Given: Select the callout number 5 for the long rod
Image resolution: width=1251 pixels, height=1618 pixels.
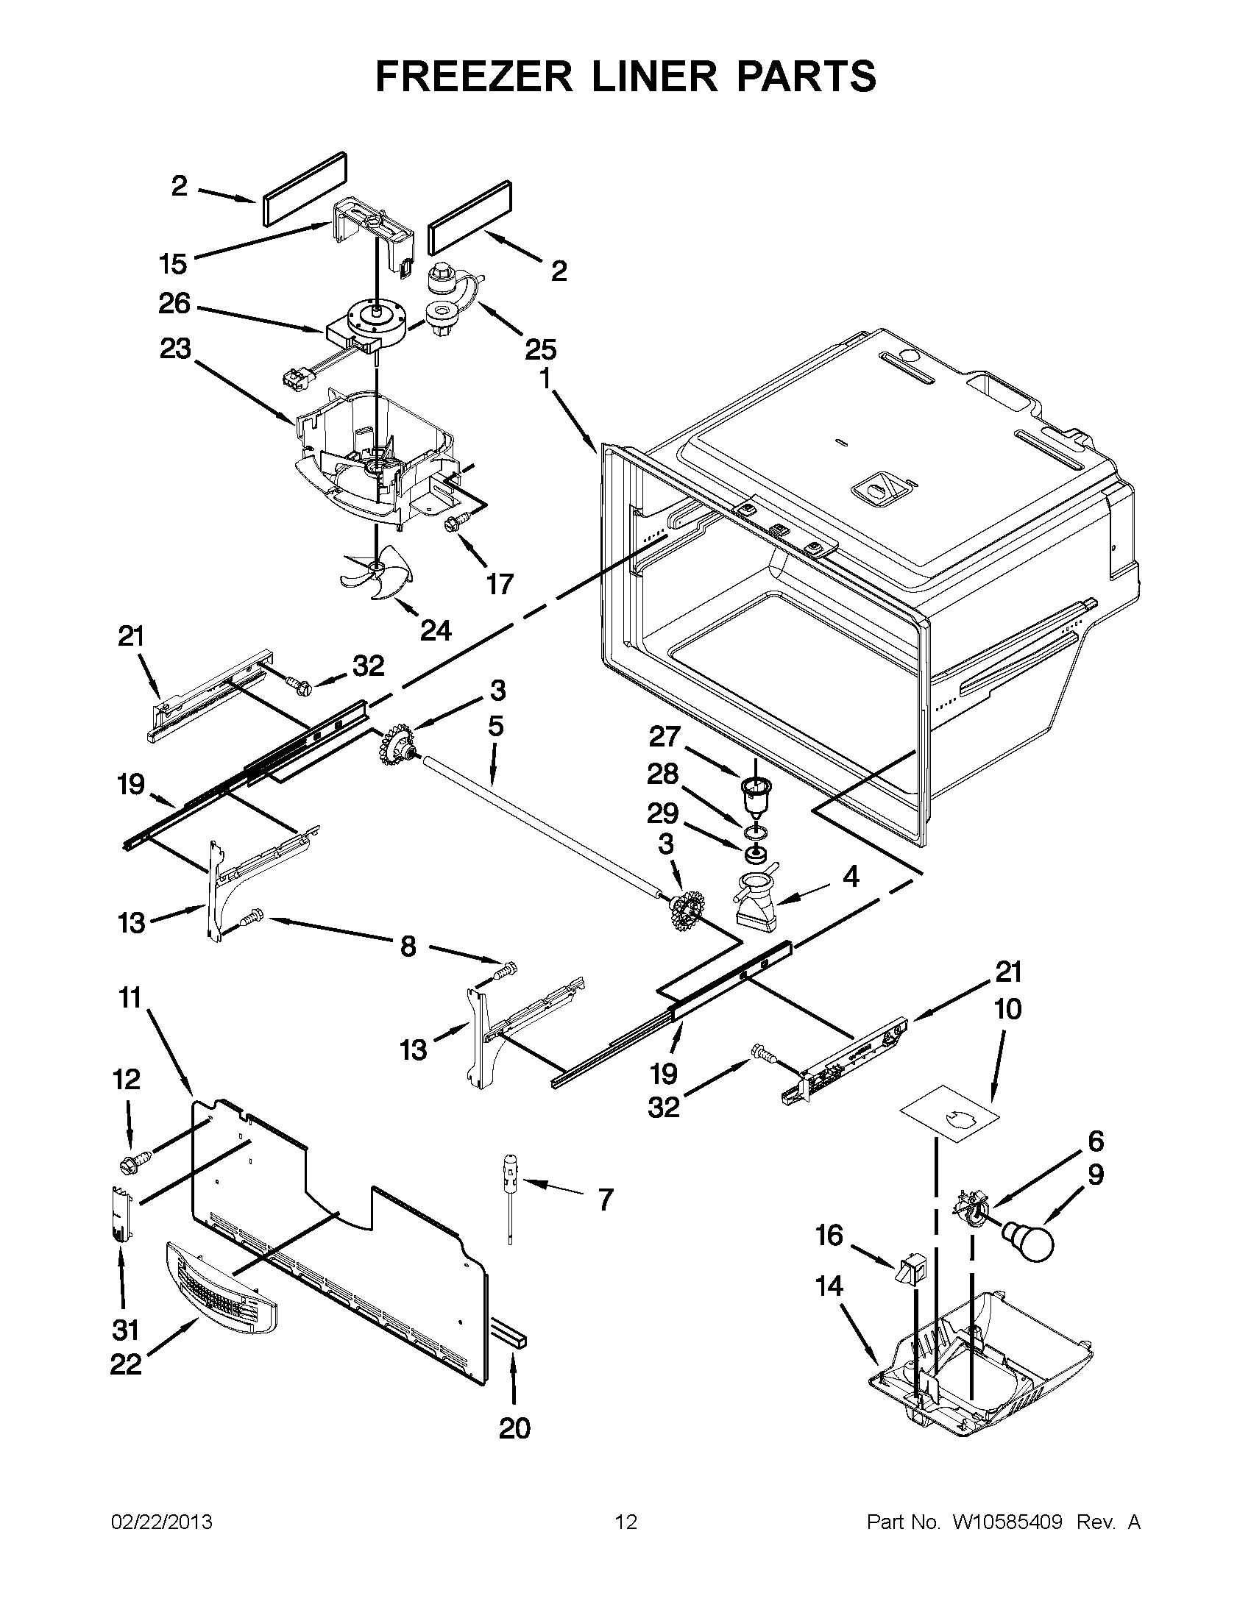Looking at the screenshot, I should click(496, 726).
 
